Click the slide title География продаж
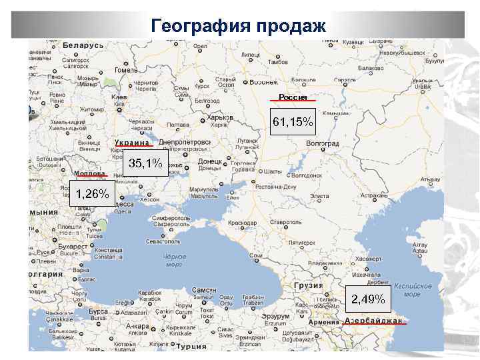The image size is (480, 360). tap(239, 26)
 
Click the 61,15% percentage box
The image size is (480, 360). tap(293, 122)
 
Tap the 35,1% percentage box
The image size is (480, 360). tap(145, 163)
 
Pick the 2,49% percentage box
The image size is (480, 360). tap(369, 299)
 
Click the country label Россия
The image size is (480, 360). tap(293, 97)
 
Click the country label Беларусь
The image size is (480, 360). tap(83, 45)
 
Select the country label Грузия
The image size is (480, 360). tap(308, 285)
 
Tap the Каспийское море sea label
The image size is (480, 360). tap(413, 290)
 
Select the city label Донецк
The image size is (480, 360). tap(210, 161)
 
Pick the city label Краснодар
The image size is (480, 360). tap(242, 222)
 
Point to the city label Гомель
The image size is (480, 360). tap(126, 69)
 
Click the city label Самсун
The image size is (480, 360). tap(203, 291)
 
